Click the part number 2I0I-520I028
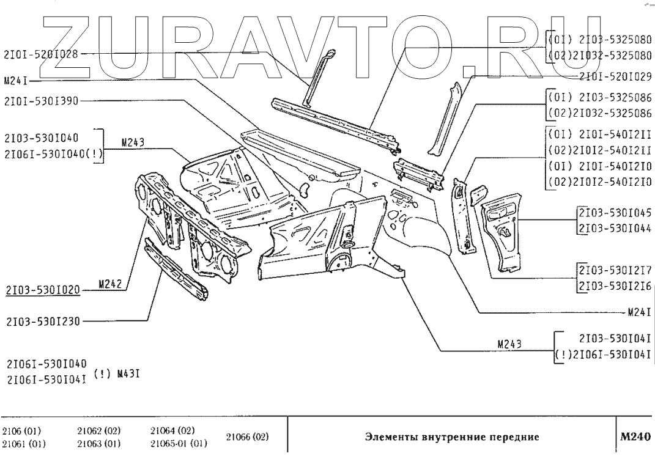(41, 54)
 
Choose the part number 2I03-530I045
(613, 213)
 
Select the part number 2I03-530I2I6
(613, 285)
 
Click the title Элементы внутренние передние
(451, 438)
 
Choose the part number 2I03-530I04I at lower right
(613, 337)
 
